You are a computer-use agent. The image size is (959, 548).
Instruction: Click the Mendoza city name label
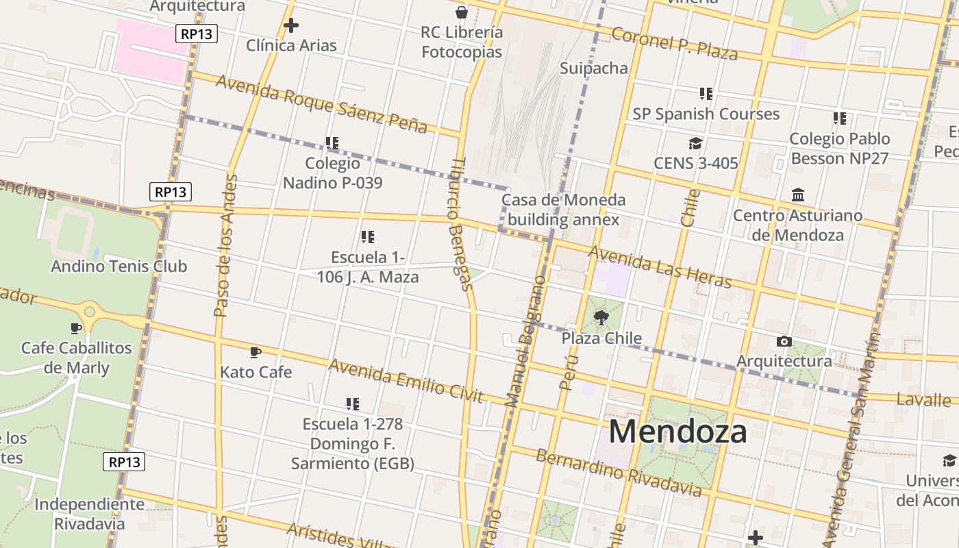coord(677,432)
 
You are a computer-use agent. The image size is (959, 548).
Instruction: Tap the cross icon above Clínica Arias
coord(291,25)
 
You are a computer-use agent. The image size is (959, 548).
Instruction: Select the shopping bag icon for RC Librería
coord(462,12)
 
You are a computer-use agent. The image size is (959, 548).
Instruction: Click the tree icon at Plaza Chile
coord(601,317)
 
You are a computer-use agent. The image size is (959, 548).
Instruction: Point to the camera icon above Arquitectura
coord(784,341)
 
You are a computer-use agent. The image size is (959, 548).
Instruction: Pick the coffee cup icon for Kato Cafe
coord(256,352)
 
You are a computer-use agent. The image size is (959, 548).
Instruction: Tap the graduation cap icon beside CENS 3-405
coord(695,143)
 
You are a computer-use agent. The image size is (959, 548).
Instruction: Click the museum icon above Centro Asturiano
coord(798,196)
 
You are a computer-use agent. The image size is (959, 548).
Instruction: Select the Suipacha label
coord(594,68)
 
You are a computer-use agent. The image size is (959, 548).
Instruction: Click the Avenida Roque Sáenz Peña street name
coord(321,103)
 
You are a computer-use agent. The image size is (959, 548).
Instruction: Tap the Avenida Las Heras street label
coord(660,266)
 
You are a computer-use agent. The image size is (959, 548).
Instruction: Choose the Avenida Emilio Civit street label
coord(406,381)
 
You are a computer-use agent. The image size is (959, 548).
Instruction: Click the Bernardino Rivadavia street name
coord(619,472)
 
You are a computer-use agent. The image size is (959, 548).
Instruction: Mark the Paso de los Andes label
coord(225,245)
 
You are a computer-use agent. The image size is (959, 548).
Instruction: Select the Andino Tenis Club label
coord(119,266)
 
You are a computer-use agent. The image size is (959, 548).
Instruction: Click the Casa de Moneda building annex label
coord(563,210)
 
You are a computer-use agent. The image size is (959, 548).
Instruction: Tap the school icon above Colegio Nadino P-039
coord(332,143)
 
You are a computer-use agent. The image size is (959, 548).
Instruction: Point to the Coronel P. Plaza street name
coord(674,43)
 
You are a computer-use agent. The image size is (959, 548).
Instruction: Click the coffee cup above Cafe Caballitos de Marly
coord(76,328)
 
